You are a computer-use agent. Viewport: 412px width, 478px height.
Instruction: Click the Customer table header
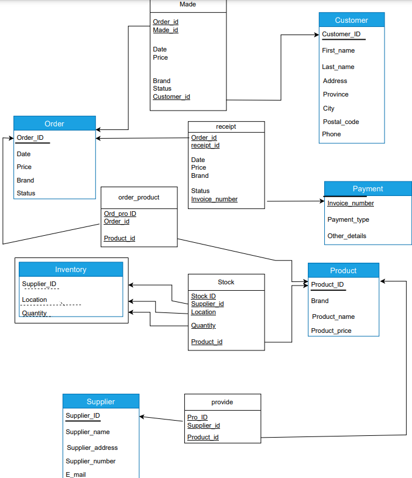pyautogui.click(x=351, y=20)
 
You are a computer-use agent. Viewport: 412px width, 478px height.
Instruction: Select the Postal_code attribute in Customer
pyautogui.click(x=341, y=122)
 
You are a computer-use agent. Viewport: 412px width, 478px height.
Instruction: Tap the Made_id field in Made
pyautogui.click(x=166, y=30)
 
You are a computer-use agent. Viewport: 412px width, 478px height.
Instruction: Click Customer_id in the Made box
pyautogui.click(x=171, y=97)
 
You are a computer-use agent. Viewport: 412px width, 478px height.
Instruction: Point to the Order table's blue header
pyautogui.click(x=54, y=123)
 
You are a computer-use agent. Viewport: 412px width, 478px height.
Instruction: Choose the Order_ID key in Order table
pyautogui.click(x=30, y=138)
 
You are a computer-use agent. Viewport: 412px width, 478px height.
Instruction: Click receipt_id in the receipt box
pyautogui.click(x=205, y=145)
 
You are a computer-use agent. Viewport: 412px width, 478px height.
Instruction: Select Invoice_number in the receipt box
pyautogui.click(x=214, y=199)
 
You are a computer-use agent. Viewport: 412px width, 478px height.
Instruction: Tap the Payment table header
pyautogui.click(x=368, y=189)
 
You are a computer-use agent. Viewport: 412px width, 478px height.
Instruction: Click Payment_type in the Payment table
pyautogui.click(x=348, y=219)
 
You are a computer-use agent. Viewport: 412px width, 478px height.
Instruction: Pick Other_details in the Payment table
pyautogui.click(x=346, y=236)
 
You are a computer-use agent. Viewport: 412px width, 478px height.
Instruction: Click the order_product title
pyautogui.click(x=139, y=197)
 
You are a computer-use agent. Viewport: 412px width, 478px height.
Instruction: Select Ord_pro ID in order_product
pyautogui.click(x=120, y=214)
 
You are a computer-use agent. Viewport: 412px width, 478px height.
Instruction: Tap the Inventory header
pyautogui.click(x=71, y=270)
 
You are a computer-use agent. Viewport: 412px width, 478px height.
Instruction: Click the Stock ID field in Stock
pyautogui.click(x=203, y=296)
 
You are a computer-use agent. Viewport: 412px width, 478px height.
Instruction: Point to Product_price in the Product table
pyautogui.click(x=331, y=331)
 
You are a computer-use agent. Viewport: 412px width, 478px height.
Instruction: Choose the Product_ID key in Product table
pyautogui.click(x=327, y=284)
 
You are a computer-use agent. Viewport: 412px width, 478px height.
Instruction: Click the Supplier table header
pyautogui.click(x=101, y=401)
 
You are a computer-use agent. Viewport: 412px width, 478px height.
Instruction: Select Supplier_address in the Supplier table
pyautogui.click(x=92, y=448)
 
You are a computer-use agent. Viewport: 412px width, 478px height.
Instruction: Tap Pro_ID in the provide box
pyautogui.click(x=197, y=417)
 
